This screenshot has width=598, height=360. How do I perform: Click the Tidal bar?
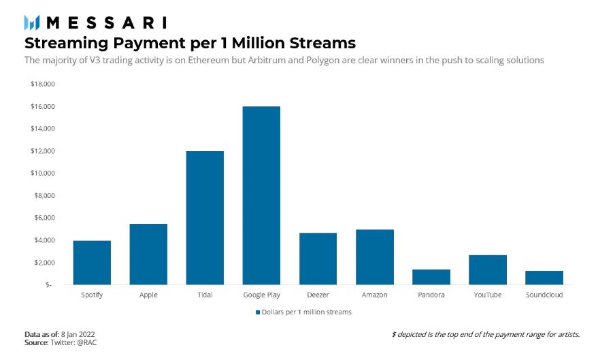pos(205,218)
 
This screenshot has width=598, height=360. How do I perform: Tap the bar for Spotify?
pos(92,262)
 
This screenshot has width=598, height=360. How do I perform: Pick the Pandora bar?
pos(431,277)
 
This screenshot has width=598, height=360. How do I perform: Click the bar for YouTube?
pos(488,269)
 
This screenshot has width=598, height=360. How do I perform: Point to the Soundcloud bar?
pos(544,278)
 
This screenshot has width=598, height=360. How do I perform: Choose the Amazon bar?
pos(375,257)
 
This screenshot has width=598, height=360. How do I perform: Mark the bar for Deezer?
pos(318,259)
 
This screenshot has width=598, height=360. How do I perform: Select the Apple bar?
pos(148,254)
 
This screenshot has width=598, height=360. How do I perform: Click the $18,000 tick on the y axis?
pos(43,84)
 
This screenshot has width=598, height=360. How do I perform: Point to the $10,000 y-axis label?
pos(43,174)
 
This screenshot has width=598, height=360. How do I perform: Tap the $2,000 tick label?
pos(44,263)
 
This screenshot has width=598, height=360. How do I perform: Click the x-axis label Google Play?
pos(261,295)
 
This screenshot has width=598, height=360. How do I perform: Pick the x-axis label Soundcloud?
pos(544,295)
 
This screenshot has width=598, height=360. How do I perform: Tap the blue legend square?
pos(258,312)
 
